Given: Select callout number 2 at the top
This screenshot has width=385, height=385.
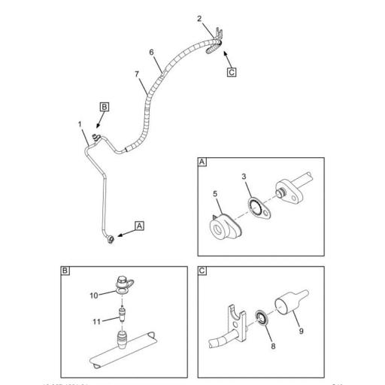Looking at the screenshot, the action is click(199, 18).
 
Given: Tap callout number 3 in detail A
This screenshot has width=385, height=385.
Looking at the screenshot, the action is click(244, 176).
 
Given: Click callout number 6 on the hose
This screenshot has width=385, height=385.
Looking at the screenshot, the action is click(151, 53).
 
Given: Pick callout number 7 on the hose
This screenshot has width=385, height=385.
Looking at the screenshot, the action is click(136, 73).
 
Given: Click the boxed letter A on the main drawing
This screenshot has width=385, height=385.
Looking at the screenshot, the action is click(139, 225).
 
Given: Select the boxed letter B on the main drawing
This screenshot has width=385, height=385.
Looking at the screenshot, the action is click(105, 108).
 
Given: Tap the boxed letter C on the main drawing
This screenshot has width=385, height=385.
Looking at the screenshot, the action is click(232, 72).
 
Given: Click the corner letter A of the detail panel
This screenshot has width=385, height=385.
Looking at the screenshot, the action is click(202, 162).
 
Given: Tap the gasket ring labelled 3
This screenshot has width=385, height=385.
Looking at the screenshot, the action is click(259, 206).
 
